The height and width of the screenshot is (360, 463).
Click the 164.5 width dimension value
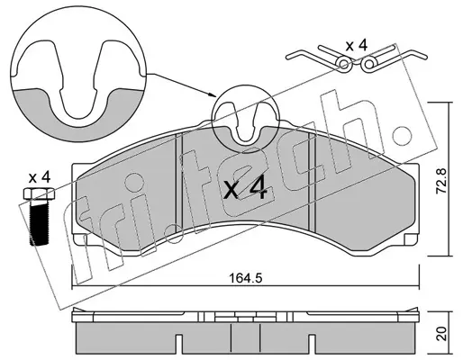point(246,278)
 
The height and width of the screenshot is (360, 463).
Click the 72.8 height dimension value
point(441,181)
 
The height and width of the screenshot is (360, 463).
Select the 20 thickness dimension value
point(441,333)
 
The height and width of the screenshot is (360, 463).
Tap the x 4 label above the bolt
point(40,177)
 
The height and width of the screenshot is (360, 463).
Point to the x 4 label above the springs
point(357,46)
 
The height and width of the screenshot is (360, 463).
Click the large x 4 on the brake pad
point(245,188)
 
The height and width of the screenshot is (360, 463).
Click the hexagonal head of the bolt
point(39,193)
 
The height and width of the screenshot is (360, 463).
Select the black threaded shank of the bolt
point(40,222)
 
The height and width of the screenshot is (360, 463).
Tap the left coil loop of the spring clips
point(344,64)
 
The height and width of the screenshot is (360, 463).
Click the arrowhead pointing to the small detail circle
point(213,94)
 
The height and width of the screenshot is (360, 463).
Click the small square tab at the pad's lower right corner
point(410,239)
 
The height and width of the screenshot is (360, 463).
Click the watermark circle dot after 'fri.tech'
point(400,134)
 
